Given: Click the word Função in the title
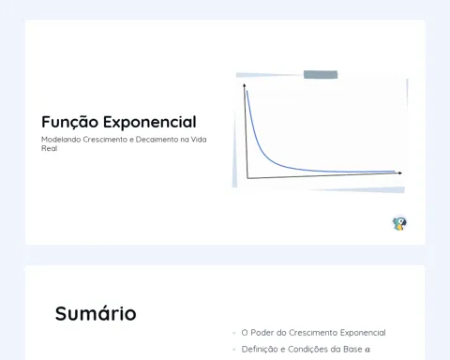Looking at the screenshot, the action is pos(69,122).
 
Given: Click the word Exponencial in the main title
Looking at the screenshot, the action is pos(150,123).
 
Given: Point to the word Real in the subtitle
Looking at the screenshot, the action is pos(49,148).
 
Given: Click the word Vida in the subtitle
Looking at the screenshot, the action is pos(199,140).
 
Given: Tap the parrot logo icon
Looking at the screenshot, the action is pos(399,223).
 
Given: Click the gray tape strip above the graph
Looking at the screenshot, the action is pos(321,75).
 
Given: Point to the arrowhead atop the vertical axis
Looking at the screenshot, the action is pos(245,85).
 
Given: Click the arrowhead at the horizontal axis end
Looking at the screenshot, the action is pos(400,172).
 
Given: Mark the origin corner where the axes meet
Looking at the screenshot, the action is pos(247,178).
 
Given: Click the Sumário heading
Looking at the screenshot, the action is pos(96,313).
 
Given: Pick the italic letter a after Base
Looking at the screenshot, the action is pos(367,350).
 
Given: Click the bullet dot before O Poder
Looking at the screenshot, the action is pos(234,333).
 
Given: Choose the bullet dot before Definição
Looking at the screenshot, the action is pos(234,350).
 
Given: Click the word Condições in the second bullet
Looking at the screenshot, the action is pos(307,349).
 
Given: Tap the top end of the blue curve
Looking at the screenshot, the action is pos(247,91).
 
